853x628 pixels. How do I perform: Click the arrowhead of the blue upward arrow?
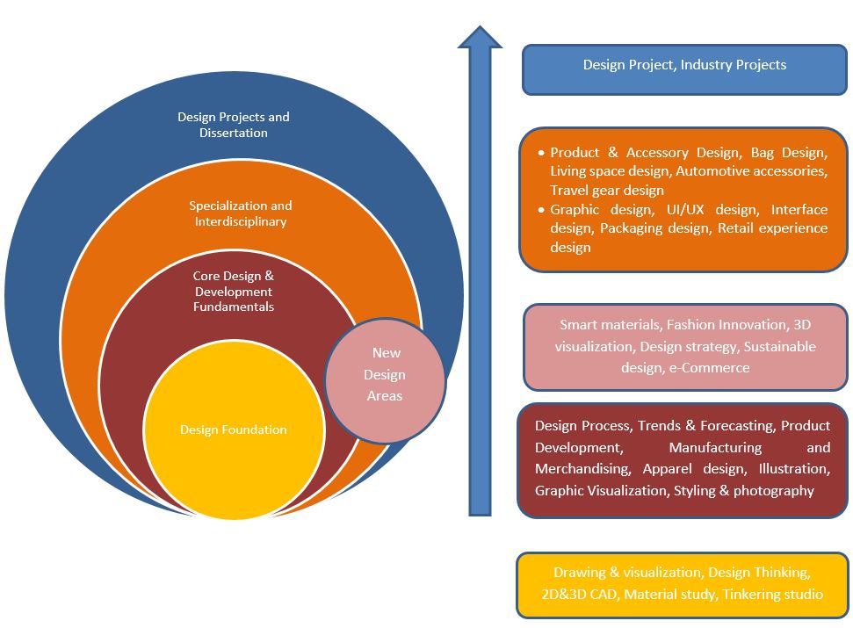pyautogui.click(x=480, y=39)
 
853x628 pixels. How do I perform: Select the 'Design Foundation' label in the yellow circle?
pyautogui.click(x=233, y=429)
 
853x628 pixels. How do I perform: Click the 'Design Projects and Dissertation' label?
pyautogui.click(x=233, y=125)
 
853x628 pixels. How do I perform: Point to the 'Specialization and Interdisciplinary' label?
pyautogui.click(x=241, y=213)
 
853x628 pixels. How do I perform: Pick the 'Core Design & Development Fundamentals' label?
pyautogui.click(x=234, y=292)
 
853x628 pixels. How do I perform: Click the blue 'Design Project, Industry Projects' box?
pyautogui.click(x=684, y=65)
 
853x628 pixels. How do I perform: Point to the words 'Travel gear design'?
pyautogui.click(x=607, y=190)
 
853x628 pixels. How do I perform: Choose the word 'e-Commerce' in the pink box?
pyautogui.click(x=709, y=367)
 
